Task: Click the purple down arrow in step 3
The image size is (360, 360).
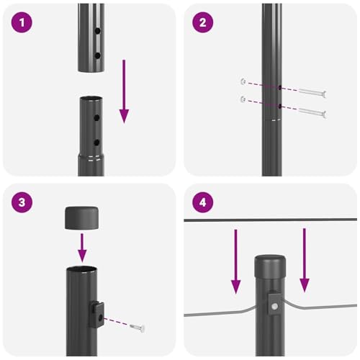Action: point(82,248)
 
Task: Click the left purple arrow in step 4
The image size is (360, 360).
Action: point(235,263)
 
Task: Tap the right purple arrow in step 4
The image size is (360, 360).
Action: point(304,259)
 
